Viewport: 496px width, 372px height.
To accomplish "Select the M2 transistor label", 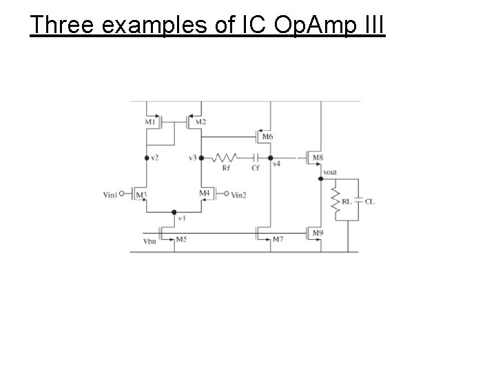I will point(200,123).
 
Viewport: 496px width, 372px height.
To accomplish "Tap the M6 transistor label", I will point(267,137).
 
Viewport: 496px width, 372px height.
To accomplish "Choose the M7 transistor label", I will point(278,239).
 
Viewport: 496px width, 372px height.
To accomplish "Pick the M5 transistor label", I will point(181,239).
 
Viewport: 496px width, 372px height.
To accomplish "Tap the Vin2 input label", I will point(238,195).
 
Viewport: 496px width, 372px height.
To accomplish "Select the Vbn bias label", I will point(149,242).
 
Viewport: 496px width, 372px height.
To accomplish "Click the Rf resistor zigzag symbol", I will point(225,158).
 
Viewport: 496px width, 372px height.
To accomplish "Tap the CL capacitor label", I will point(370,201).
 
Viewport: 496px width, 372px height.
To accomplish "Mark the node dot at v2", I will point(147,158).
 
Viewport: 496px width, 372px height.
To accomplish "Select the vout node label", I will point(330,172).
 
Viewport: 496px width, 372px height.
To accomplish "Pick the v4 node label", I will point(276,164).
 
